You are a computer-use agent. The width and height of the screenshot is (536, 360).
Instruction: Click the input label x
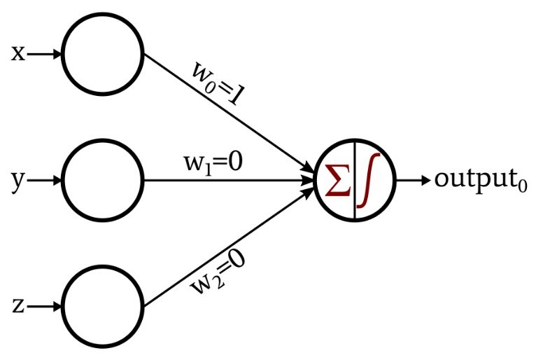pos(18,54)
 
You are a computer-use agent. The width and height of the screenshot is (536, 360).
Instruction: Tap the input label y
pos(17,181)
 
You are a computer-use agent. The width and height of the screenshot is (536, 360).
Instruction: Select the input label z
pos(18,306)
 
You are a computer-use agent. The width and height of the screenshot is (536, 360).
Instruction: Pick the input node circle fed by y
pos(103,179)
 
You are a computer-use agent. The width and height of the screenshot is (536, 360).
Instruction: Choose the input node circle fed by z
pos(103,306)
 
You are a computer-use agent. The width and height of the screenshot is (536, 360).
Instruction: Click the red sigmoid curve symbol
pos(369,180)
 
